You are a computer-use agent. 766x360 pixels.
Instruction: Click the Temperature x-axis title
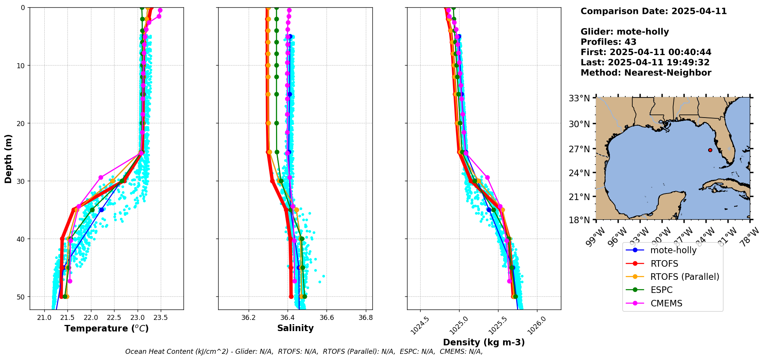pos(106,328)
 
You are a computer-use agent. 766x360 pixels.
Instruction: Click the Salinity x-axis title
pos(295,328)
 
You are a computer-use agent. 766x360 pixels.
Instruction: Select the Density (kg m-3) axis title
pos(484,342)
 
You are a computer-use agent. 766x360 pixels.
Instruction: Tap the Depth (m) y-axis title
pos(8,158)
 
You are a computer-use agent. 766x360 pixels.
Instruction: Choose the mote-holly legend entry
pos(673,251)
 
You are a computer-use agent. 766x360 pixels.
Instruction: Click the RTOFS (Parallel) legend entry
pos(685,277)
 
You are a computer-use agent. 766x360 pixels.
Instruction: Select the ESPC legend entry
pos(661,290)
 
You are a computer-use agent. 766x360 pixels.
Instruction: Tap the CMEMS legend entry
pos(666,303)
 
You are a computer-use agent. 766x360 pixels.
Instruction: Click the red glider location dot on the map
pos(710,150)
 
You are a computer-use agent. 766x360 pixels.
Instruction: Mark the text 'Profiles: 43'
pos(608,42)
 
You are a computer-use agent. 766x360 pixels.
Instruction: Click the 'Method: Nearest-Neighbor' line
pos(646,72)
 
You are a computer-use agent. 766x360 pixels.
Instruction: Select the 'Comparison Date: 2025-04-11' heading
pos(653,11)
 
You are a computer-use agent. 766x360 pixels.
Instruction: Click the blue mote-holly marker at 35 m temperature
pos(101,210)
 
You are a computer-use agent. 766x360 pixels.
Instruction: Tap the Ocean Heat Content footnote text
pos(304,352)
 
